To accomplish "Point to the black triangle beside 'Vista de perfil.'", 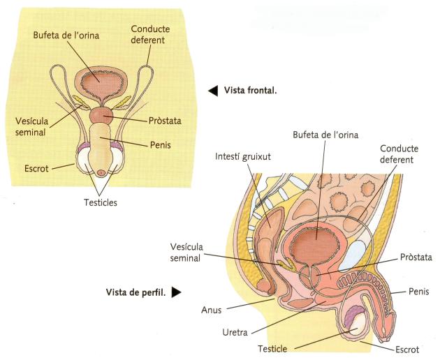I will (x=177, y=292).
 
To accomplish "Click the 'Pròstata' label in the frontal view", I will (x=164, y=121).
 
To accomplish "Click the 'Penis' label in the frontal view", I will (x=161, y=146).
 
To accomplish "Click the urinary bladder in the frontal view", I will (x=99, y=82).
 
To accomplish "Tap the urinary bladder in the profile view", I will (x=316, y=244).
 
